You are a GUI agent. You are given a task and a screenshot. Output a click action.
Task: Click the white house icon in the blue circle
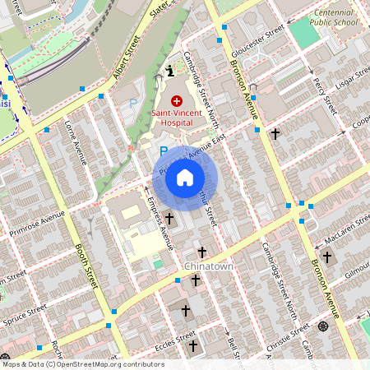coord(185,178)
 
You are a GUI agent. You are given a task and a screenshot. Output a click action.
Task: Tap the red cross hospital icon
coord(177,99)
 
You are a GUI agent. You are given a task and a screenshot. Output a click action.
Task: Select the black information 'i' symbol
coord(169,72)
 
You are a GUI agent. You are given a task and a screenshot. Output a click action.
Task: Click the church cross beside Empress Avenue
coord(170,219)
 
